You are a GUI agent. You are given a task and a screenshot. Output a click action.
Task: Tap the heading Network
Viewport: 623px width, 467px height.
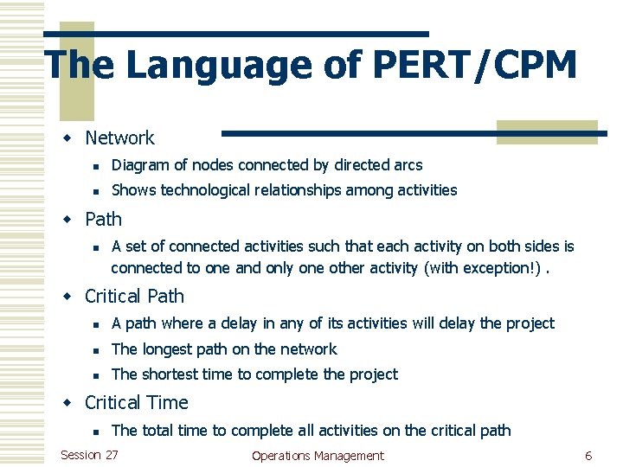point(119,138)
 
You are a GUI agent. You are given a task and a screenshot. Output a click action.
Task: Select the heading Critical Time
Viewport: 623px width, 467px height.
point(136,402)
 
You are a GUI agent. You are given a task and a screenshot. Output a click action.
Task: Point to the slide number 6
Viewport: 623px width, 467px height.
point(588,456)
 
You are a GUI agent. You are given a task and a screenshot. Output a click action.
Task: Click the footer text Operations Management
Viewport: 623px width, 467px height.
point(318,456)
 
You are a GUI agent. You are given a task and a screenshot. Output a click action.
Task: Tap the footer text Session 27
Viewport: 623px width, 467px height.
point(90,455)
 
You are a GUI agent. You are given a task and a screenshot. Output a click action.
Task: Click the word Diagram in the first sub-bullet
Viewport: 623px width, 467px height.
point(139,164)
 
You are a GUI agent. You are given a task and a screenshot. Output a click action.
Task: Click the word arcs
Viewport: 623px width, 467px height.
point(408,164)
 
